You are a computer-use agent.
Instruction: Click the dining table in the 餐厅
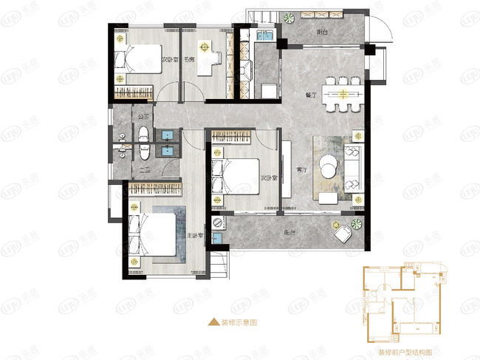[344, 94]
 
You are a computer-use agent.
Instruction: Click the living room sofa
[352, 169]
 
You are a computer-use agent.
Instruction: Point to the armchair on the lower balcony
[343, 234]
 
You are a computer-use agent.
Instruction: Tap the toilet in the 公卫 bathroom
[143, 134]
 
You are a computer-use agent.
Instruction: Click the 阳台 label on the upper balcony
[322, 33]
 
